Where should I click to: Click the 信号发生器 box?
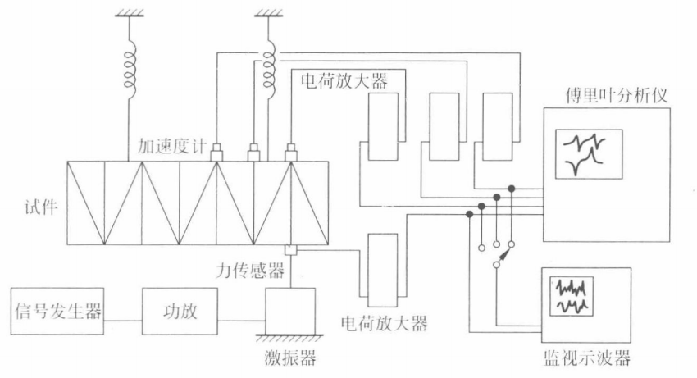coord(57,311)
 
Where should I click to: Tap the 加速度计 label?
coord(175,149)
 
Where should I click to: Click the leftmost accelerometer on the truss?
coord(217,151)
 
